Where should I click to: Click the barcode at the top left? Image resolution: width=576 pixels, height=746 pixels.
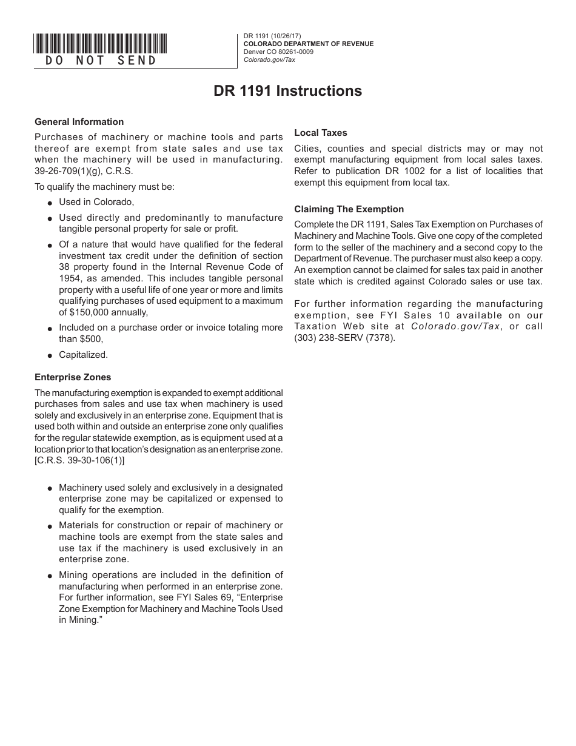click(100, 43)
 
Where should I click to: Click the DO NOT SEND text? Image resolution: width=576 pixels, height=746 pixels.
click(101, 61)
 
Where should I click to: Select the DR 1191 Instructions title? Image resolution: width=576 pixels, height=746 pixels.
click(287, 91)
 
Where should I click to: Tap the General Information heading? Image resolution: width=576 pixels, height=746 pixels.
click(79, 122)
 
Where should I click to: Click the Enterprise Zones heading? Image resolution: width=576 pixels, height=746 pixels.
click(73, 377)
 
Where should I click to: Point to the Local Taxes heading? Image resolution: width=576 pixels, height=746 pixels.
click(321, 133)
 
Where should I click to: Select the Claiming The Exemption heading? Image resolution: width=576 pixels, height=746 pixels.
click(349, 209)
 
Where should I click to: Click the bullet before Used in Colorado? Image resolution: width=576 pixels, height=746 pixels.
click(50, 203)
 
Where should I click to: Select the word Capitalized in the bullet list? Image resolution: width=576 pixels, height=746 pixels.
click(83, 355)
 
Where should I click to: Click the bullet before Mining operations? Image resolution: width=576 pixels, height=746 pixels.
click(50, 576)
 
